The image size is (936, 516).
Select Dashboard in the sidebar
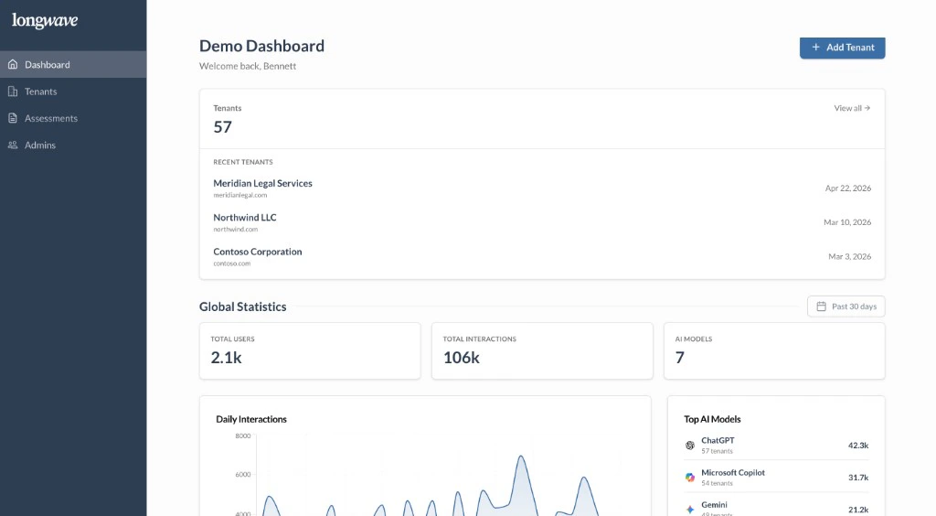[47, 65]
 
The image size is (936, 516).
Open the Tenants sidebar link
[40, 91]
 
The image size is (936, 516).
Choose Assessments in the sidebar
[50, 118]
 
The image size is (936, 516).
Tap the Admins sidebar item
[39, 145]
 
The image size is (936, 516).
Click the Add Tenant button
[842, 48]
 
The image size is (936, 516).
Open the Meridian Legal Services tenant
[262, 183]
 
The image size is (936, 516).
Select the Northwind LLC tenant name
[244, 218]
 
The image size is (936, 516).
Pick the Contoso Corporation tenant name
[257, 252]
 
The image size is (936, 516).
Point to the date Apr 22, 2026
[847, 188]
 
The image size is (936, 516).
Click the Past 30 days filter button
[846, 306]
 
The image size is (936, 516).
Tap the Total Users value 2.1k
[226, 358]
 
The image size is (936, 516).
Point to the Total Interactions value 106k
[461, 358]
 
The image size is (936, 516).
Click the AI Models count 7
[679, 358]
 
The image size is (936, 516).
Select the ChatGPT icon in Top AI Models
[690, 446]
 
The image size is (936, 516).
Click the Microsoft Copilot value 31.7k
[857, 478]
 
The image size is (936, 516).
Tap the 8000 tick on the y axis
[242, 436]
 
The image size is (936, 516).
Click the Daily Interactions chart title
[250, 419]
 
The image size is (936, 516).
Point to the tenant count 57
[222, 127]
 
